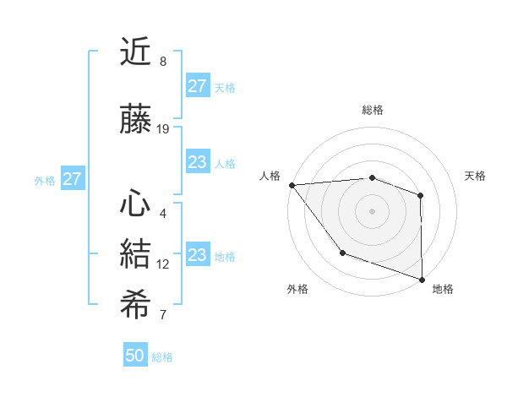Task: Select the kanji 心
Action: (135, 204)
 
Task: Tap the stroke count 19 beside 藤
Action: (163, 129)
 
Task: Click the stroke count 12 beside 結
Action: (163, 264)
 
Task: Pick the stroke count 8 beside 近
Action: (163, 62)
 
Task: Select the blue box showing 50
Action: (135, 356)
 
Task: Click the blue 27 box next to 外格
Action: (72, 179)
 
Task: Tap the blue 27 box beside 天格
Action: (197, 86)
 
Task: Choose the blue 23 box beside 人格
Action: (197, 162)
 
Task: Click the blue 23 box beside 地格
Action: (197, 255)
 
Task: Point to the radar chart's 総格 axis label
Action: (372, 110)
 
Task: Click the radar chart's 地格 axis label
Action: (443, 289)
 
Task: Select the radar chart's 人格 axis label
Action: (270, 176)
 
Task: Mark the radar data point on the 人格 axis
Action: (292, 185)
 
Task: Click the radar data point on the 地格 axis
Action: (421, 279)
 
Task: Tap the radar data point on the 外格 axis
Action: (342, 253)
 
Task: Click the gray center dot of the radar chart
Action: (372, 210)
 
